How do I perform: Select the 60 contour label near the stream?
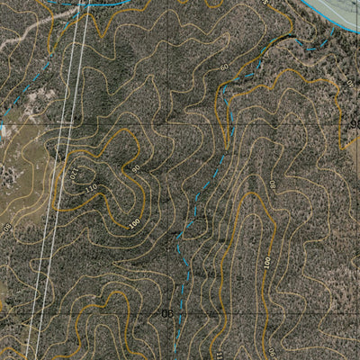pyautogui.click(x=223, y=67)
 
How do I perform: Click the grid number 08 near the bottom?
pyautogui.click(x=166, y=313)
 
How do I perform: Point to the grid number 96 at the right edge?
pyautogui.click(x=354, y=123)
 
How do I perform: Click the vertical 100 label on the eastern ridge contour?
pyautogui.click(x=267, y=261)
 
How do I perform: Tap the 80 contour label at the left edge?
pyautogui.click(x=6, y=229)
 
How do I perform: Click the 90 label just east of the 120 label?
pyautogui.click(x=136, y=168)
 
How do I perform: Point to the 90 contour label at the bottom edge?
pyautogui.click(x=269, y=353)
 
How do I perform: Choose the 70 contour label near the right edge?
pyautogui.click(x=350, y=84)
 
